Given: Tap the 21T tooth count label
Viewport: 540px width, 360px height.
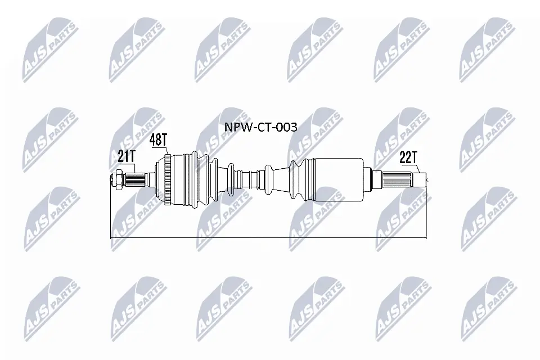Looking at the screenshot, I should (x=127, y=157).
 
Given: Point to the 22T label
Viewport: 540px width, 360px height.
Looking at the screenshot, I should (x=408, y=158).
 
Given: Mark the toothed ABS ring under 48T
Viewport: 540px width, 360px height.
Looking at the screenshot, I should (x=166, y=180).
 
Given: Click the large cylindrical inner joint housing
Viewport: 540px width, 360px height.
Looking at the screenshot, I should (x=337, y=180).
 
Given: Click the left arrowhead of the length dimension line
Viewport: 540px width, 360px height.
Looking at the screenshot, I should (x=112, y=237).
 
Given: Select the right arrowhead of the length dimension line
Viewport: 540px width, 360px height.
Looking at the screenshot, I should (x=425, y=237).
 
